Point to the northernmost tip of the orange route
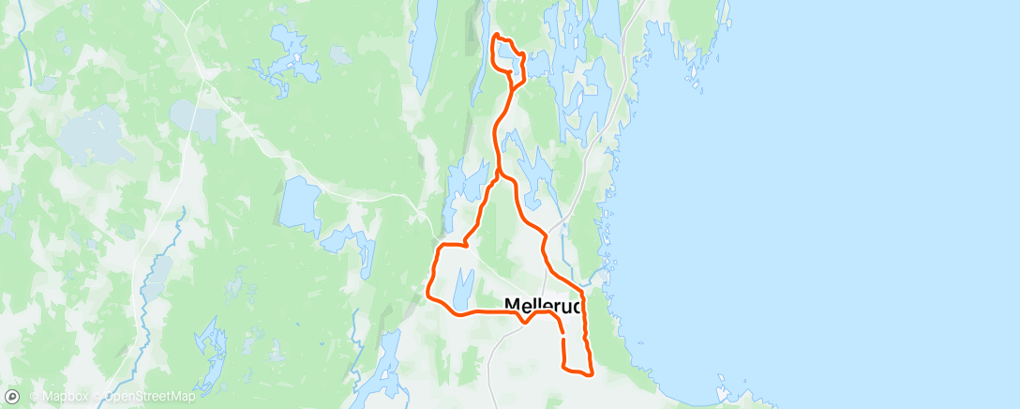495,35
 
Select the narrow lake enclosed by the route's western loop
462,286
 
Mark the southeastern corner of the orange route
592,375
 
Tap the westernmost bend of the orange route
428,292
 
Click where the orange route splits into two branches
498,174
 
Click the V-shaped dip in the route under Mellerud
524,322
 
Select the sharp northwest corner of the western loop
438,247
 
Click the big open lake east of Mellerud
844,188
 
